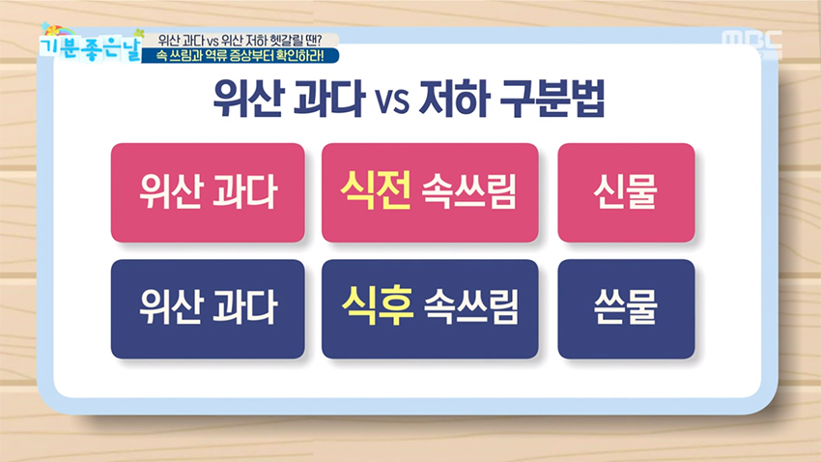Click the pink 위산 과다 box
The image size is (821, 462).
208,192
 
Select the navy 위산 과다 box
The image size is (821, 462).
208,308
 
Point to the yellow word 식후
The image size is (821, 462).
377,307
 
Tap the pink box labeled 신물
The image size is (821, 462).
626,192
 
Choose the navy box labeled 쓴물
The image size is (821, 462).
626,308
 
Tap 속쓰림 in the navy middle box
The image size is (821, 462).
470,309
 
